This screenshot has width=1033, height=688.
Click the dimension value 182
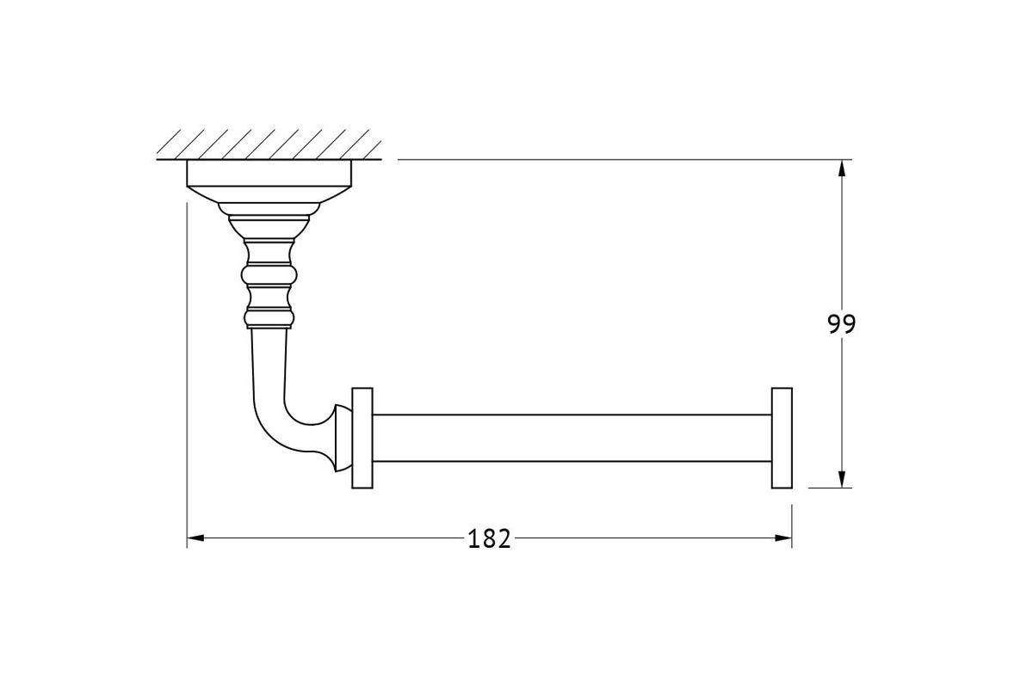click(489, 538)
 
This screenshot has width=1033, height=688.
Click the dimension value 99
click(842, 324)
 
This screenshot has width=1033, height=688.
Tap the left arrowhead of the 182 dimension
click(195, 537)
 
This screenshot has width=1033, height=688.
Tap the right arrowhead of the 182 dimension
click(783, 537)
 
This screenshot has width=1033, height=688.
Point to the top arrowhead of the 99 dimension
click(842, 169)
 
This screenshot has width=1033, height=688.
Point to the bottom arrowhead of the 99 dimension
click(842, 479)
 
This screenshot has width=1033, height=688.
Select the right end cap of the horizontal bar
click(782, 438)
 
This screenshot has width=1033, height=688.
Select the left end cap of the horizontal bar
click(362, 438)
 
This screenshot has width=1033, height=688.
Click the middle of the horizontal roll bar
click(572, 438)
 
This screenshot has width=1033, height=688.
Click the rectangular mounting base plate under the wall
click(269, 173)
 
